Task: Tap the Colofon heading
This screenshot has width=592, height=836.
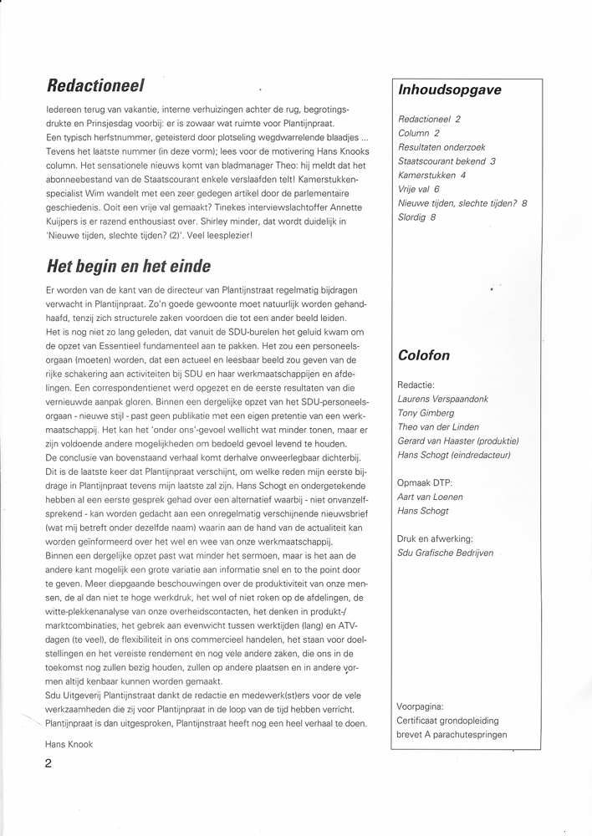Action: click(x=425, y=354)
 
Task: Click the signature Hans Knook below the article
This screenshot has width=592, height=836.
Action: click(x=69, y=742)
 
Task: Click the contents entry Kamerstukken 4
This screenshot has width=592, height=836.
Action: click(x=432, y=175)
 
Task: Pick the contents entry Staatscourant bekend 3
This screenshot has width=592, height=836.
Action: click(x=447, y=161)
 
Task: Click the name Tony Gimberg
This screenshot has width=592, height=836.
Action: click(x=426, y=413)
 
